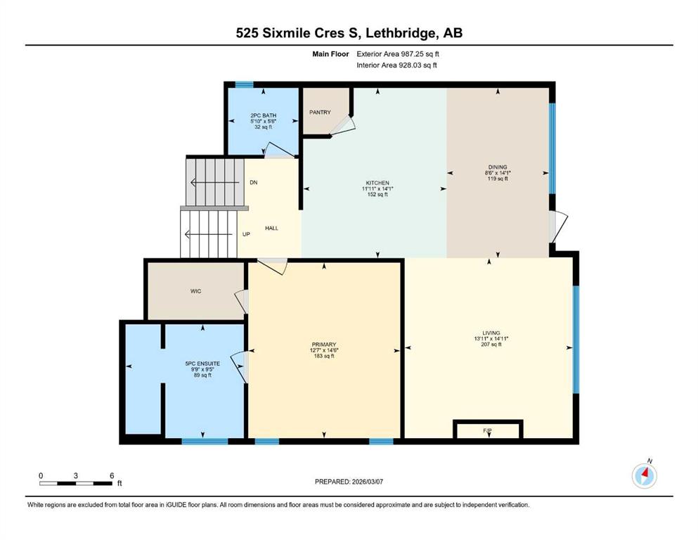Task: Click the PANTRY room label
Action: [320, 112]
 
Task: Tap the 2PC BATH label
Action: [263, 115]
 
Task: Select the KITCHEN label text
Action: [377, 183]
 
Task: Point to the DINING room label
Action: [498, 167]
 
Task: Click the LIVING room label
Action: [491, 333]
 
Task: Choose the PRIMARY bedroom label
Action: [323, 345]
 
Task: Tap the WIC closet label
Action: [196, 291]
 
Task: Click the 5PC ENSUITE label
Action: [202, 364]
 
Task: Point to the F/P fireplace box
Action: [488, 429]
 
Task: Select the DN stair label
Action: [253, 183]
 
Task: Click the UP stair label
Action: [246, 234]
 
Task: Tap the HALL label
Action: [271, 228]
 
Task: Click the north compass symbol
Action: [645, 475]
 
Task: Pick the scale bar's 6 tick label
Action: [112, 475]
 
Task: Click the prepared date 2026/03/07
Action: [367, 482]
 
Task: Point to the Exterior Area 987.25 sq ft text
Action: [398, 54]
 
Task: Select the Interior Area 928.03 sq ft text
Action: [396, 65]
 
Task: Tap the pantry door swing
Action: [344, 126]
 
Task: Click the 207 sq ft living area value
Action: [491, 344]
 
